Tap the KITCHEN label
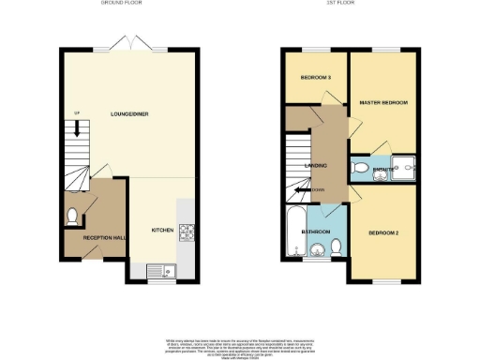(x=163, y=230)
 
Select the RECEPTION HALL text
(x=104, y=238)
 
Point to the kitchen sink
(x=160, y=271)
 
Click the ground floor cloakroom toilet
(x=73, y=217)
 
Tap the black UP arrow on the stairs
(x=77, y=131)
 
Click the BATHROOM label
(x=314, y=230)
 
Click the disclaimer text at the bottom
(x=240, y=343)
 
